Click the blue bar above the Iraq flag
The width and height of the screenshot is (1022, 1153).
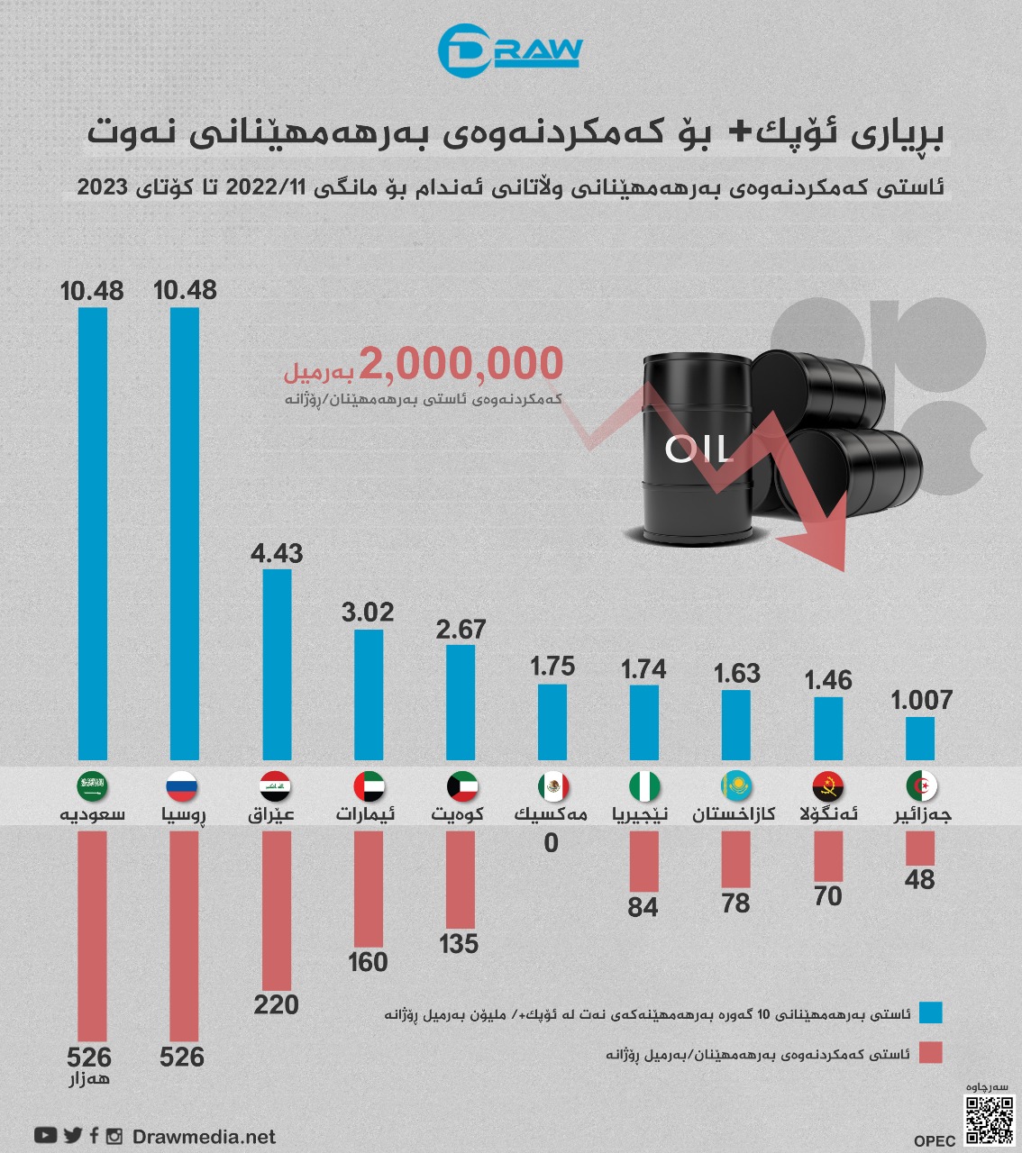point(277,664)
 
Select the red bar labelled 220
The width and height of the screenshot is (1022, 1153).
point(277,910)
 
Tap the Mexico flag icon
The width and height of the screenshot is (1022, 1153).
point(553,786)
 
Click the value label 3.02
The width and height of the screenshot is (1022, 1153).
point(368,613)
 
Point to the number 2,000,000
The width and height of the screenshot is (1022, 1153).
point(461,364)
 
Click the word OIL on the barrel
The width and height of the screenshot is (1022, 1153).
point(698,449)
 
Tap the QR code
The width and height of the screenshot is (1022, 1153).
point(990,1120)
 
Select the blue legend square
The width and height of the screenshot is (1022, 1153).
point(930,1012)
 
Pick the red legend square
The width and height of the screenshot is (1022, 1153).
point(930,1053)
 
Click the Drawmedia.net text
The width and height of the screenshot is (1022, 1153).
point(204,1137)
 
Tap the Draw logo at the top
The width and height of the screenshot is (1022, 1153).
point(510,50)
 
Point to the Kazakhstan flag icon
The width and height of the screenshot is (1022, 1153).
point(736,786)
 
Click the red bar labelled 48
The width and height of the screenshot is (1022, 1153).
point(920,848)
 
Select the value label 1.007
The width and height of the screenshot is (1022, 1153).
point(921,700)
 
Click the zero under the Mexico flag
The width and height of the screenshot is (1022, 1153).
point(552,843)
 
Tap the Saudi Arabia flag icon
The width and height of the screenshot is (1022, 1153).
point(93,786)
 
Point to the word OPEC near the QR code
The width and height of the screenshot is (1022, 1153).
point(935,1140)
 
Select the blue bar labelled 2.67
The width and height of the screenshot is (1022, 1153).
point(461,702)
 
